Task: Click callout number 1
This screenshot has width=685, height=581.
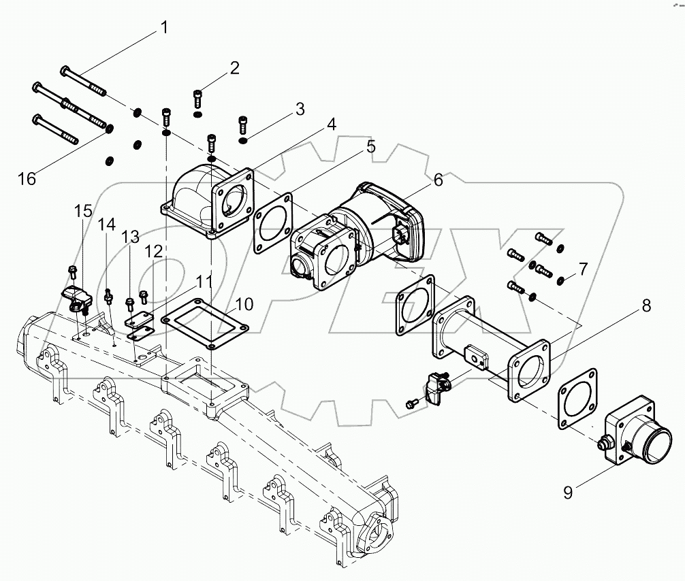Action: click(x=163, y=29)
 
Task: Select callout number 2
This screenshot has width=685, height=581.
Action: click(x=234, y=67)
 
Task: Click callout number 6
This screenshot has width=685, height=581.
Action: click(x=437, y=180)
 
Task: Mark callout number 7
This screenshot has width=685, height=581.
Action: click(x=582, y=266)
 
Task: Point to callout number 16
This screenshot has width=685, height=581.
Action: click(x=27, y=179)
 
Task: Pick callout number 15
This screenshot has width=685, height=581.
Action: click(x=83, y=212)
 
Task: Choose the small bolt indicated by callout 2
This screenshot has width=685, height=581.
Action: click(x=197, y=97)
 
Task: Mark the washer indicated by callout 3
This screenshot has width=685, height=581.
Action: click(x=243, y=141)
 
